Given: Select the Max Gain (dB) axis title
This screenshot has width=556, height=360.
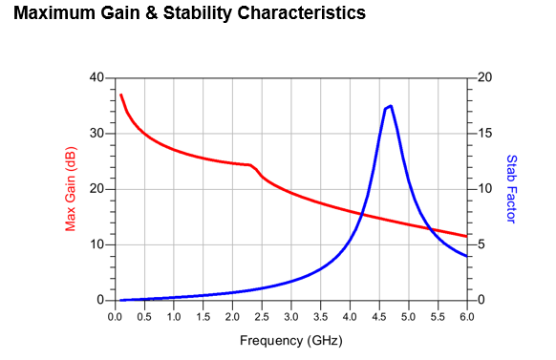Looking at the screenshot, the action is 71,189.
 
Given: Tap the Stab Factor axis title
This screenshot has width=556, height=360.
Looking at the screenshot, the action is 511,189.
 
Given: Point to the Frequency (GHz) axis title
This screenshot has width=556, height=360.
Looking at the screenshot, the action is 291,341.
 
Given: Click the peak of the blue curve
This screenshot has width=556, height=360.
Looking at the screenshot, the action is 391,106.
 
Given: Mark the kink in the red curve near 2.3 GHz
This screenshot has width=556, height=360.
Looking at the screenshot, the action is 250,165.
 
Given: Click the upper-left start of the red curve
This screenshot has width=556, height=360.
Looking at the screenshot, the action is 121,95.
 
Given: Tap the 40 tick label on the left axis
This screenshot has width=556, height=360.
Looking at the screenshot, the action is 96,77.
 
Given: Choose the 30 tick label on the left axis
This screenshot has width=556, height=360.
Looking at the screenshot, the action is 96,134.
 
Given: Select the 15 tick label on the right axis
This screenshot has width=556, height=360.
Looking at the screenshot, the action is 485,134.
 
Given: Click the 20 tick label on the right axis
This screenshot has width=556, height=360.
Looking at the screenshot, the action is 485,77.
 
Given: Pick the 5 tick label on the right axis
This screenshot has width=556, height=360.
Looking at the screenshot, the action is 481,244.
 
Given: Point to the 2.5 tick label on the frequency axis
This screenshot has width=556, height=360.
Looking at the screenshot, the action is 262,316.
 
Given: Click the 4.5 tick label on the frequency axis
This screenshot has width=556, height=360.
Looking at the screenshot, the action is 379,316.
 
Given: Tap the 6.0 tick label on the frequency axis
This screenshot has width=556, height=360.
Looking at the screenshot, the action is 467,316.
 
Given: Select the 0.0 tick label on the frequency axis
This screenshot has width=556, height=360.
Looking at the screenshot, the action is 115,316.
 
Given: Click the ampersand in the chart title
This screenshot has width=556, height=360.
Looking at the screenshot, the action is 151,13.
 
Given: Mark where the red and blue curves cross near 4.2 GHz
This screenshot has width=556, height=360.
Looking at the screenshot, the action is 362,214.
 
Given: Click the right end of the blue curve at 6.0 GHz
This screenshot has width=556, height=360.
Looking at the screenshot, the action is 466,256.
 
